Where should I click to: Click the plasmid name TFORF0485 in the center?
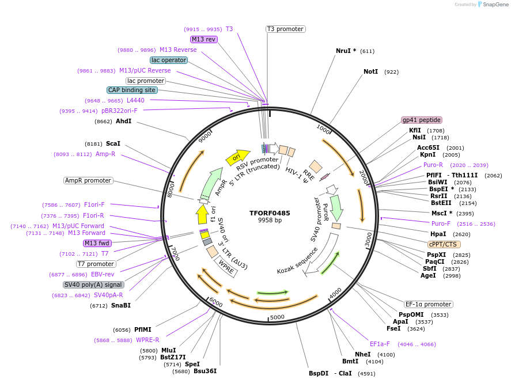click(270, 213)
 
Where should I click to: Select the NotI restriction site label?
click(370, 72)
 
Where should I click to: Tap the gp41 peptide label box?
click(422, 120)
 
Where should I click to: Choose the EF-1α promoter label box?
click(428, 305)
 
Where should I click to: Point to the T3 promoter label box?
click(285, 29)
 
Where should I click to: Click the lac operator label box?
click(168, 60)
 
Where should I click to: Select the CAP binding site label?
click(132, 90)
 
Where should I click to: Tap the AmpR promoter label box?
click(88, 180)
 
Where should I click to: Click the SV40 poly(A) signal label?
click(93, 285)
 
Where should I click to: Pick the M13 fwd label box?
click(96, 243)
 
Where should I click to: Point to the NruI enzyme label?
click(346, 51)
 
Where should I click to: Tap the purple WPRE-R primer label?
click(147, 340)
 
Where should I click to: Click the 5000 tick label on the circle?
click(277, 317)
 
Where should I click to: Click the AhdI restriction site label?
click(123, 122)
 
